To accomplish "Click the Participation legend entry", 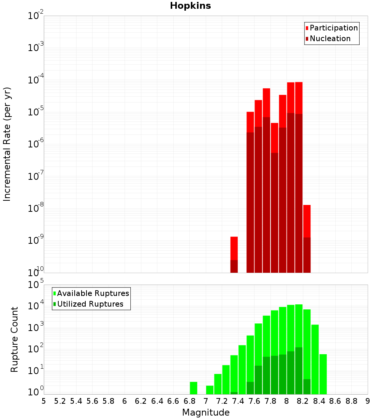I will click(x=334, y=28).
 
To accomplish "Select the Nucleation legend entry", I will click(x=330, y=38).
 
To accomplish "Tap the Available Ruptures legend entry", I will click(x=93, y=293).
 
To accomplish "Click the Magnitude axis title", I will click(x=206, y=413).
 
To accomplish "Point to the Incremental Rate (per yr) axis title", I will click(x=7, y=144).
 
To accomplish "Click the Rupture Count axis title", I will click(x=14, y=339).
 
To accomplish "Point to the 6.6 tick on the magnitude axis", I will click(x=173, y=401).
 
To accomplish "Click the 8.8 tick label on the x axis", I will click(x=352, y=401).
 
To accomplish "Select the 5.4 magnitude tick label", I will click(x=76, y=401).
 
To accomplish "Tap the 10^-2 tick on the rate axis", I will click(x=36, y=16).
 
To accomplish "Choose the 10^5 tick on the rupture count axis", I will click(x=37, y=285).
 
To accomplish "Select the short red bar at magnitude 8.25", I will click(x=307, y=221).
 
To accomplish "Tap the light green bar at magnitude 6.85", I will click(x=194, y=388).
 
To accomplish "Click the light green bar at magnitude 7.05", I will click(x=210, y=390).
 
